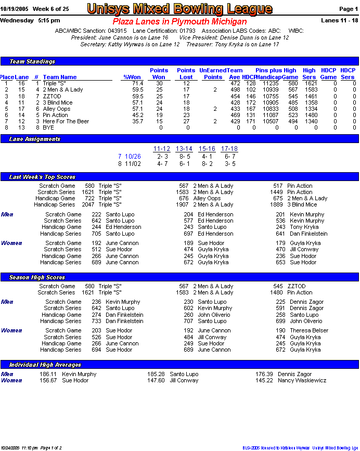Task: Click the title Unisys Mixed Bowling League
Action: click(x=179, y=9)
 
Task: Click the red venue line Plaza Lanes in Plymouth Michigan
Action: click(x=179, y=22)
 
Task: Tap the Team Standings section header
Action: click(x=32, y=61)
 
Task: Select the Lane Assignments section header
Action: click(x=35, y=139)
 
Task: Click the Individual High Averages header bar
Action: click(x=45, y=365)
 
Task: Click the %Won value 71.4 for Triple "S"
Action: click(x=137, y=83)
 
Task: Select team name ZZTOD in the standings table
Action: click(x=52, y=96)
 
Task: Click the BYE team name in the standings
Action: click(x=48, y=127)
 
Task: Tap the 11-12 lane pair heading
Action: click(x=162, y=149)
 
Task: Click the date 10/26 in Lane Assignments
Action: click(x=133, y=157)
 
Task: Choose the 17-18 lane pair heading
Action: click(x=229, y=149)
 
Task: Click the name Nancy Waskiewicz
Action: click(x=302, y=380)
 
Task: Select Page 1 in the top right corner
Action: click(x=348, y=9)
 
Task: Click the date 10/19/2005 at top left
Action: click(x=14, y=9)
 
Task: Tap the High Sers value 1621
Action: click(x=310, y=83)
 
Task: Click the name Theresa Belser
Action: click(x=309, y=330)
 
